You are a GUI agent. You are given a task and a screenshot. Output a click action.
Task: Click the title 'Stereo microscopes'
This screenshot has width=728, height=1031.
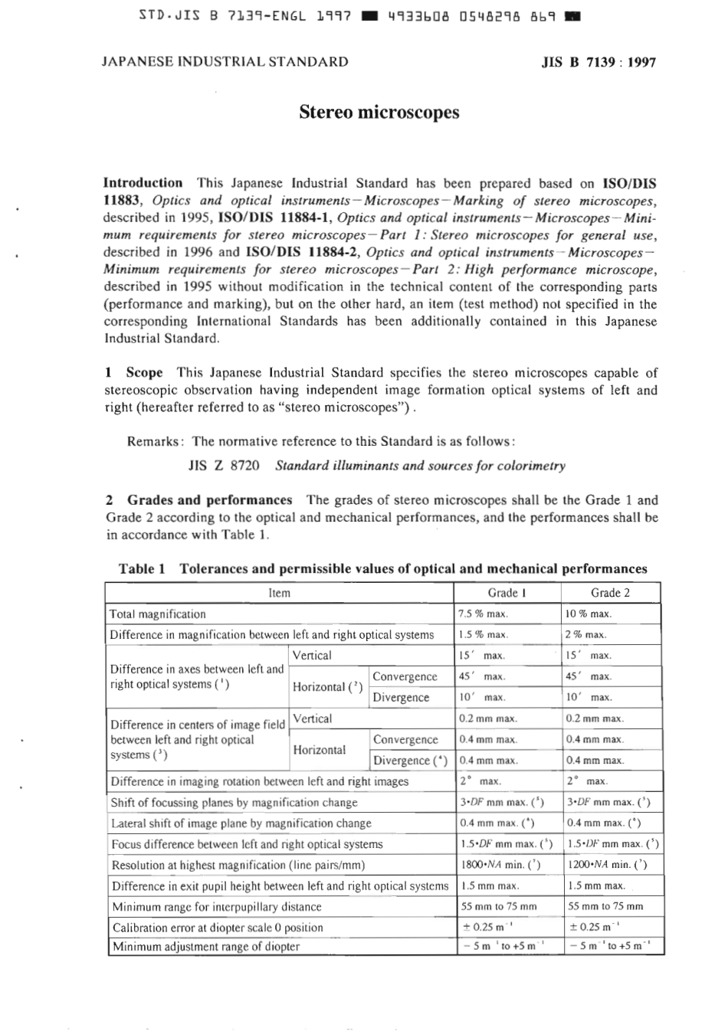[x=379, y=113]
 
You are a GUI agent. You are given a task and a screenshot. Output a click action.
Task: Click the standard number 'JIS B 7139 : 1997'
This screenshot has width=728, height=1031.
[x=598, y=62]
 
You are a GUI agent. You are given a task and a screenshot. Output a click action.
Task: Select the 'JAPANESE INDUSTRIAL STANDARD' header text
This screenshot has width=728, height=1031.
[x=225, y=62]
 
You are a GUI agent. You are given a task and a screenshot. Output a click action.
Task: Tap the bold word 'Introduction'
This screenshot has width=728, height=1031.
[x=143, y=183]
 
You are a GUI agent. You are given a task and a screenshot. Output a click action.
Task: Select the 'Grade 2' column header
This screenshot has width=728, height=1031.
[x=610, y=593]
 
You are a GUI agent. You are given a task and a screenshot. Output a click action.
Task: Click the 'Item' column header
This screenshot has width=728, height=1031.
[x=280, y=593]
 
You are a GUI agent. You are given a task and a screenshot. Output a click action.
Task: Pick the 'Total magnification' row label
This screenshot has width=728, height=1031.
[x=158, y=614]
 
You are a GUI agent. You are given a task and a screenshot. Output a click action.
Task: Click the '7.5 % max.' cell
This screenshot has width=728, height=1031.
[x=483, y=614]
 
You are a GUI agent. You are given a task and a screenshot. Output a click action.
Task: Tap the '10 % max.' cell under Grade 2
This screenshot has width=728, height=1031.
[x=588, y=614]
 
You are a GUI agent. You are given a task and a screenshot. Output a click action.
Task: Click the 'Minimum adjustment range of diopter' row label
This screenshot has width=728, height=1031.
[x=206, y=947]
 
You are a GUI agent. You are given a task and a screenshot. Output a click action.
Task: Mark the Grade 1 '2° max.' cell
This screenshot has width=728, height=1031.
[x=480, y=781]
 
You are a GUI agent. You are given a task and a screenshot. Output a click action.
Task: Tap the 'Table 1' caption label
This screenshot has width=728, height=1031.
[x=142, y=569]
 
